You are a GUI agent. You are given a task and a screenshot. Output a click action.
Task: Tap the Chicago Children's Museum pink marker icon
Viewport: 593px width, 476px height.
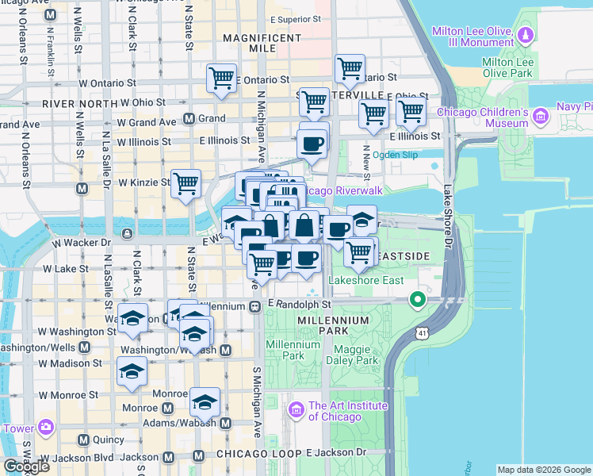pos(541,117)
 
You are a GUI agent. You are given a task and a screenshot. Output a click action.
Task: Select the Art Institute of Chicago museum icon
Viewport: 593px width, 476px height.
pos(297,410)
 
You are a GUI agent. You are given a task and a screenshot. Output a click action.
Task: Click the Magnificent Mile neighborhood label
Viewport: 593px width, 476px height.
pos(262,43)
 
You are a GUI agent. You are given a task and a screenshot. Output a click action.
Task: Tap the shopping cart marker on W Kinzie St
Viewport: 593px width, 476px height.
pos(186,183)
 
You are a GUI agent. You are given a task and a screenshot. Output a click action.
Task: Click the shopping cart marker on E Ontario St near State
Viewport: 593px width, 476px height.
pos(221,78)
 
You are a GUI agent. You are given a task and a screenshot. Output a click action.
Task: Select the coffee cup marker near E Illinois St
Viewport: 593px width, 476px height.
pos(312,144)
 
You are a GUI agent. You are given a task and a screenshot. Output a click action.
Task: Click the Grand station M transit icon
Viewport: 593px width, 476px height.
pos(189,119)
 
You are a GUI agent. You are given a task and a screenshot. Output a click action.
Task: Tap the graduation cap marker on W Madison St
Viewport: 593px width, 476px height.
pos(132,371)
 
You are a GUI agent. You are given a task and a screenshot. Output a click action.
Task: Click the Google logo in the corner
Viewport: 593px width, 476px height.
pos(26,466)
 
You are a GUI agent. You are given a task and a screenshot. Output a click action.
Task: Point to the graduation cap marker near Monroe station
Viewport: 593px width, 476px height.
pos(205,402)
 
